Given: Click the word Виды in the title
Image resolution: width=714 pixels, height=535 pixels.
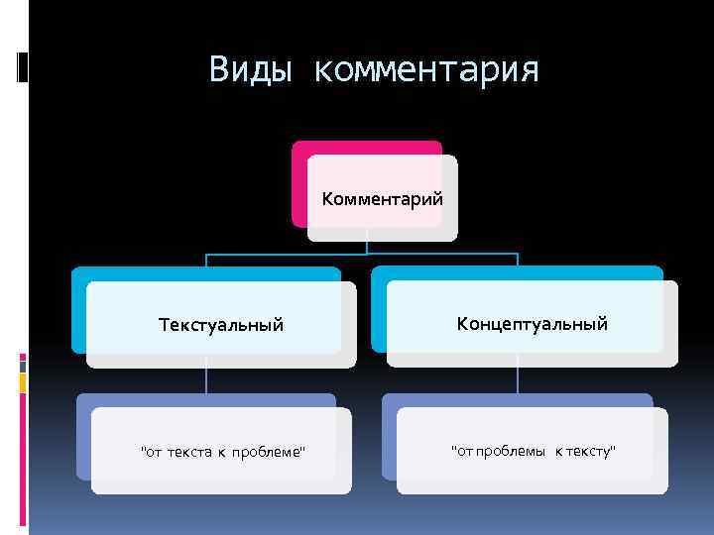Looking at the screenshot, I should coord(252,70).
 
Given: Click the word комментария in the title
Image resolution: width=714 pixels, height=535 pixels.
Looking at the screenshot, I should coord(426,71).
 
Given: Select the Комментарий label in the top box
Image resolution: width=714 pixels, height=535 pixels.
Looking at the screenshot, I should coord(382,199).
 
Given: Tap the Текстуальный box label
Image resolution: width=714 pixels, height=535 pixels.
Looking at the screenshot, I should coord(221,325).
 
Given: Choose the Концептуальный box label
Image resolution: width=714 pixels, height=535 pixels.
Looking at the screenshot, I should coord(532,324).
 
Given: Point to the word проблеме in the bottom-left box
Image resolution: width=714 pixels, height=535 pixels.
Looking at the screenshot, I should coord(269,453).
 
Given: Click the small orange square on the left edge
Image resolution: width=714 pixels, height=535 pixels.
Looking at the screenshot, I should coord(24,379).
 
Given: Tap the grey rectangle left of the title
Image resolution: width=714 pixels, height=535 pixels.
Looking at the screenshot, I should coord(23,66).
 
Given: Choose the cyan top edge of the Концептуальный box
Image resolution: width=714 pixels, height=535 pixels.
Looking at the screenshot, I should coord(516,272).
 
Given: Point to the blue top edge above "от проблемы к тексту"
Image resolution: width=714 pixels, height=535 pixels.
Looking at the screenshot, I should coord(516,400).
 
